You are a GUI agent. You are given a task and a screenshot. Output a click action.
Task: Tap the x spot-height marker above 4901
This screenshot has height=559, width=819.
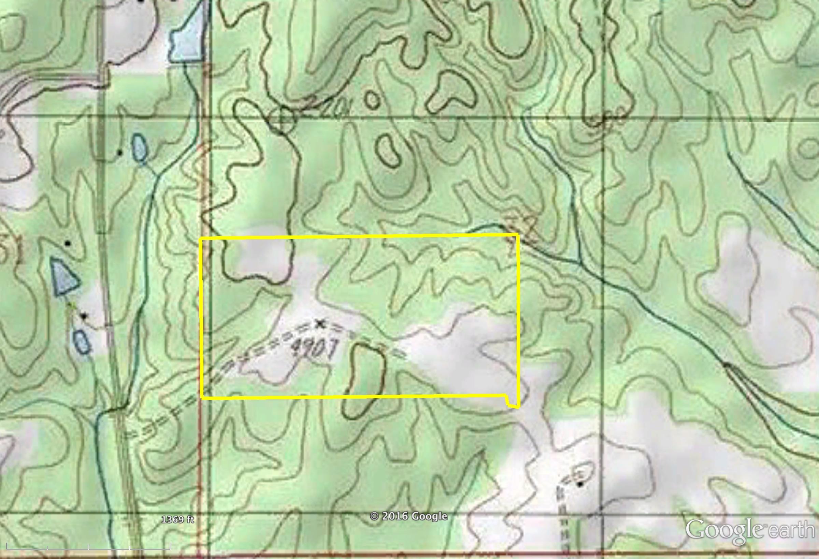pos(320,323)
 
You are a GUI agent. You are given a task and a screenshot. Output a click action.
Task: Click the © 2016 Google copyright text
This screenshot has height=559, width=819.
pos(408,516)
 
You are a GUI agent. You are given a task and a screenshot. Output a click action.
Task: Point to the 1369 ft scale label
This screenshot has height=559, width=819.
pos(177,519)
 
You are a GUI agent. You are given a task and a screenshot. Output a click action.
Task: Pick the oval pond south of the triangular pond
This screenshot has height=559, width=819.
pos(82,342)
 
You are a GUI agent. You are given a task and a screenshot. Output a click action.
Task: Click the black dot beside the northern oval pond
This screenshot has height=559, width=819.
pos(120,153)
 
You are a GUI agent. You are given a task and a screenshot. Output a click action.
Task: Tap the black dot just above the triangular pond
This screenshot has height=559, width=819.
pos(68,243)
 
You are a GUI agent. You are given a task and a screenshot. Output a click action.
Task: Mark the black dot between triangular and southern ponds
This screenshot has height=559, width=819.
pos(84,316)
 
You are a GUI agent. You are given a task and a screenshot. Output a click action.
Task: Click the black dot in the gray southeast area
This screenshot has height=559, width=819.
pos(580,485)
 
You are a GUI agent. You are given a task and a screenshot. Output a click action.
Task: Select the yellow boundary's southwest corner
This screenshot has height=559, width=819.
pos(202,399)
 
